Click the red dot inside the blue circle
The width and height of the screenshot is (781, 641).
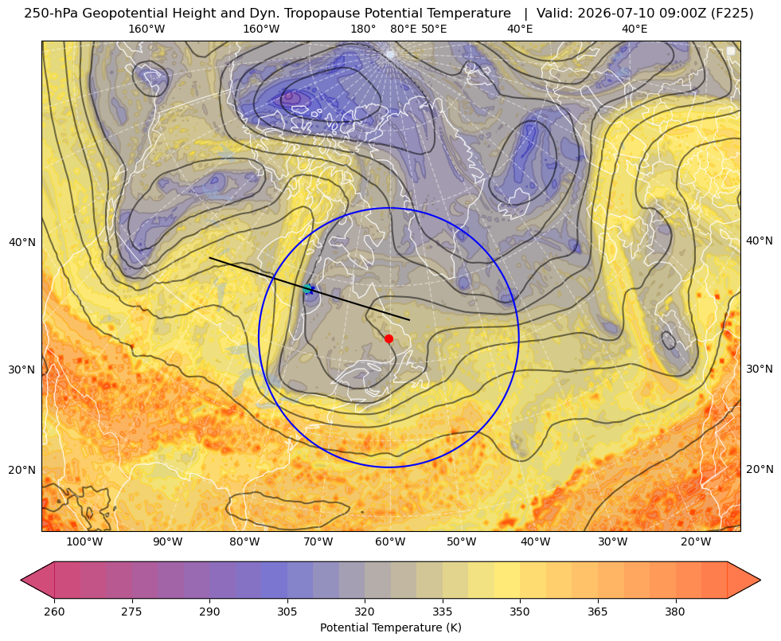pyautogui.click(x=389, y=338)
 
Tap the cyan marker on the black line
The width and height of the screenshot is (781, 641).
pyautogui.click(x=308, y=288)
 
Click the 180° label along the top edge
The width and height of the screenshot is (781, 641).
pyautogui.click(x=363, y=29)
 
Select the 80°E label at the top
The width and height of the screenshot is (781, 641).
pyautogui.click(x=404, y=29)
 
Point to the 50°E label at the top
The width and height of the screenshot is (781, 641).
pyautogui.click(x=434, y=29)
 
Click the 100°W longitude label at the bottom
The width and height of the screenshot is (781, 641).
pyautogui.click(x=84, y=542)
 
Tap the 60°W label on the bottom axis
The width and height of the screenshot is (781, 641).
pyautogui.click(x=390, y=542)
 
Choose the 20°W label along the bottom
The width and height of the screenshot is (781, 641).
pyautogui.click(x=696, y=542)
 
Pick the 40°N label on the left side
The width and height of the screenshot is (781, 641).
pyautogui.click(x=22, y=243)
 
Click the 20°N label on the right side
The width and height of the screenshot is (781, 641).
pyautogui.click(x=760, y=469)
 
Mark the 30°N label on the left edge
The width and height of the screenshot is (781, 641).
pyautogui.click(x=22, y=369)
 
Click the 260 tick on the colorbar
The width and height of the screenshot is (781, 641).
pyautogui.click(x=54, y=612)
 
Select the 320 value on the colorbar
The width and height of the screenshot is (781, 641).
pyautogui.click(x=365, y=612)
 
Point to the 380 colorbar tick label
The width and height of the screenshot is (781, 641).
pyautogui.click(x=675, y=612)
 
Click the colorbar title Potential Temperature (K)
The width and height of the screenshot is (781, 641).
pyautogui.click(x=390, y=627)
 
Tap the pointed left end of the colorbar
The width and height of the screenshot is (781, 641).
pyautogui.click(x=21, y=580)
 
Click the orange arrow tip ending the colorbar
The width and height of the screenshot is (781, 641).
pyautogui.click(x=760, y=580)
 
